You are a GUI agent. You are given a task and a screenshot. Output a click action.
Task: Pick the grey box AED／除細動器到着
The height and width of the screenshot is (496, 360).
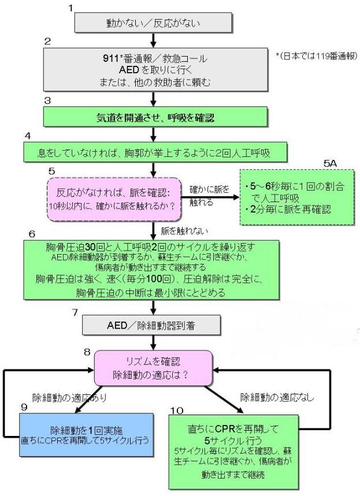(153, 326)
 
